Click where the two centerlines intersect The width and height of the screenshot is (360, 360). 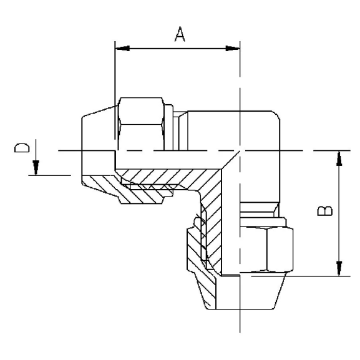click(x=240, y=150)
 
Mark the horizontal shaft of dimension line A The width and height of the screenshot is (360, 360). click(x=178, y=48)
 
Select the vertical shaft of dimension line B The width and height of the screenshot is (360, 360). click(x=339, y=212)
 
